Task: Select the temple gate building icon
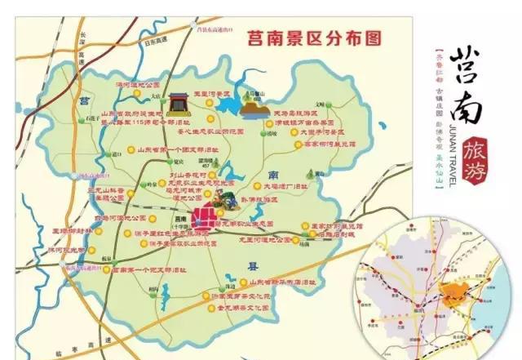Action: point(179,104)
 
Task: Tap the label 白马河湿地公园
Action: point(121,219)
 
